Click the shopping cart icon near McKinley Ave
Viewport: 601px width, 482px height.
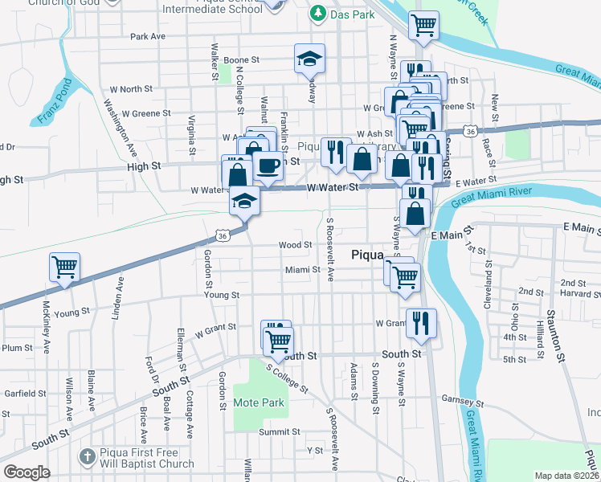[x=64, y=267]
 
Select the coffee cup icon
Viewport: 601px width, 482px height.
[x=268, y=166]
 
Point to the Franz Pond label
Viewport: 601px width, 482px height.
[x=55, y=101]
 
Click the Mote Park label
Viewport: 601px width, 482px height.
[x=259, y=402]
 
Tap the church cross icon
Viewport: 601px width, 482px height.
[x=88, y=455]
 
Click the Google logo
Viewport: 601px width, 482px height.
[x=27, y=472]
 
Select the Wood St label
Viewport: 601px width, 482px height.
[x=295, y=245]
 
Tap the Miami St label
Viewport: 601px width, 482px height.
[x=303, y=270]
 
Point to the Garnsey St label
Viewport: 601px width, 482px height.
[x=462, y=399]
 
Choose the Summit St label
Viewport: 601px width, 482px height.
[x=279, y=432]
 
